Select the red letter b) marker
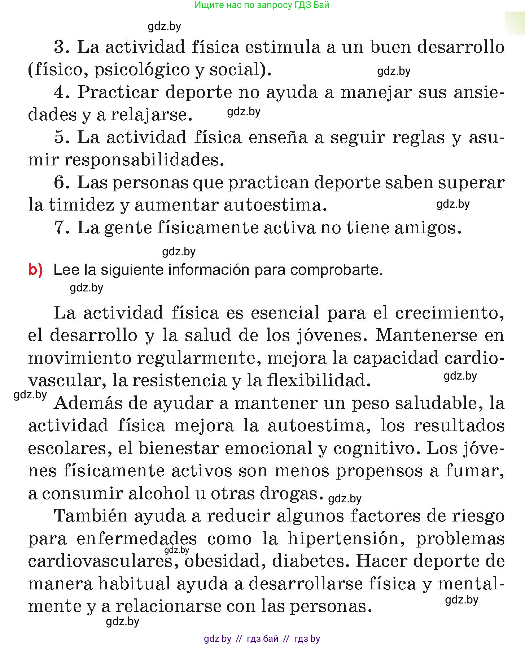35,270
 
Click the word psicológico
141,70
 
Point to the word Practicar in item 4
118,92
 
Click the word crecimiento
449,313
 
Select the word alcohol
159,493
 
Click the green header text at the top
262,5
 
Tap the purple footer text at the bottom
262,638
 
